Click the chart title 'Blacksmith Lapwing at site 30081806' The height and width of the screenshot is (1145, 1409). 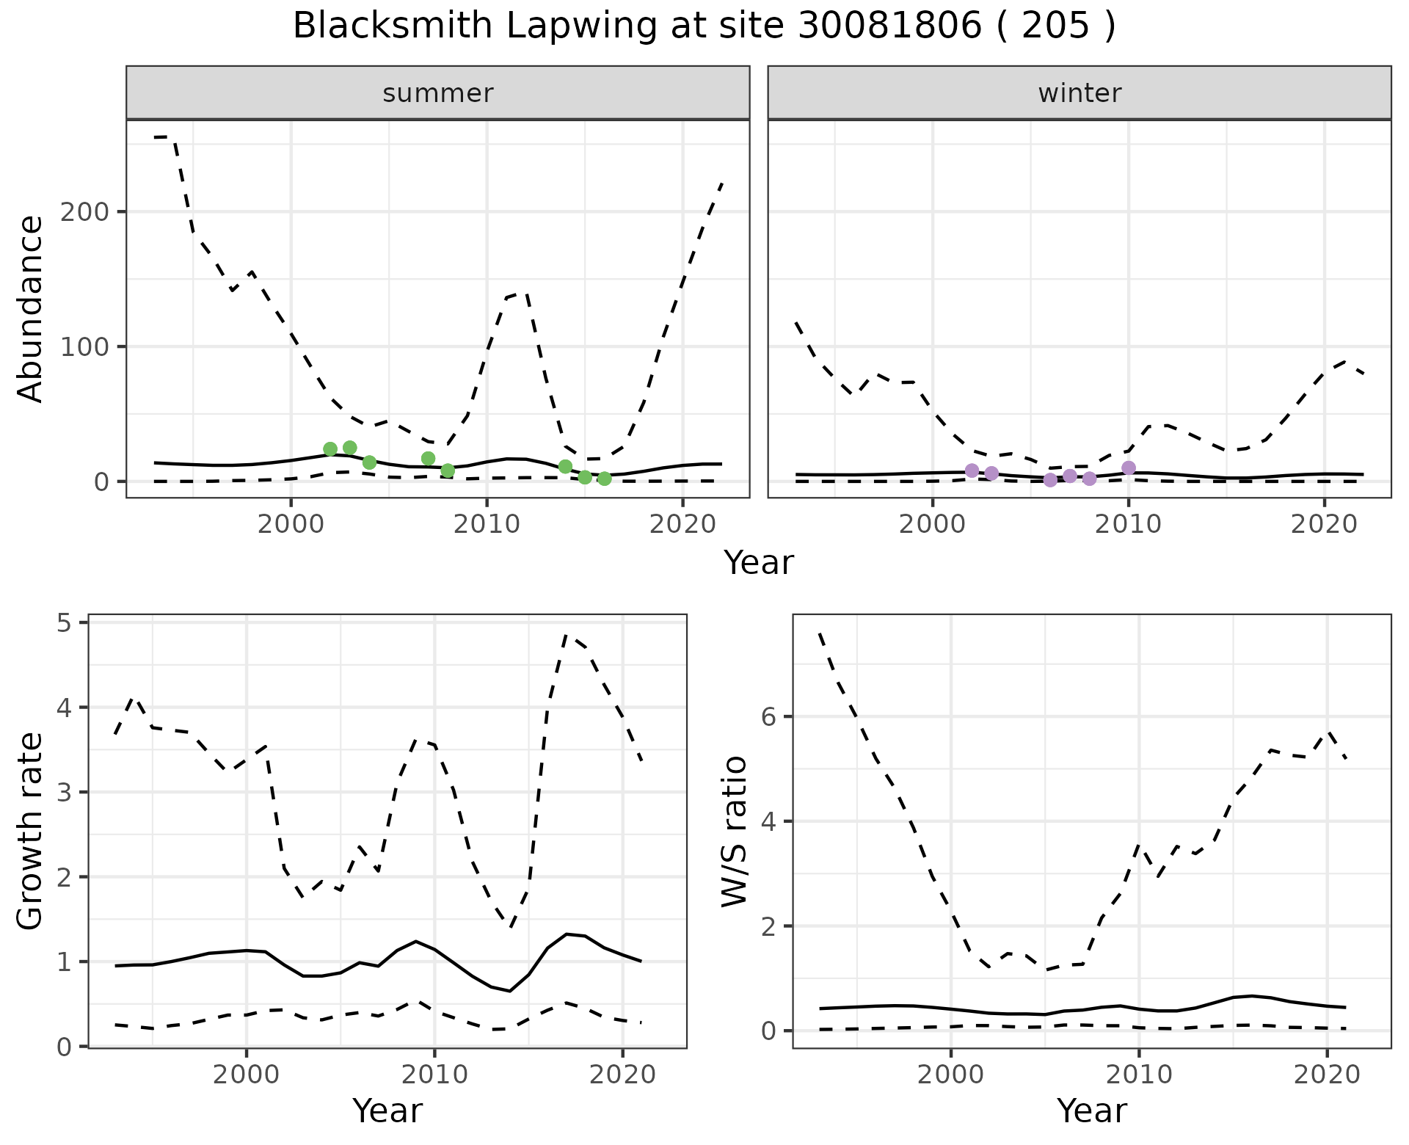tap(704, 26)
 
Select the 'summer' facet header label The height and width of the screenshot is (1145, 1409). tap(438, 93)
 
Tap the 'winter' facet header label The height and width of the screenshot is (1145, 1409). tap(1079, 93)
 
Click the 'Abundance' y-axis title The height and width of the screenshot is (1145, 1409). tap(31, 309)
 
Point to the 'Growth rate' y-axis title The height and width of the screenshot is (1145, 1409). tap(31, 832)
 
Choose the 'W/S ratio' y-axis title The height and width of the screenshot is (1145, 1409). tap(735, 832)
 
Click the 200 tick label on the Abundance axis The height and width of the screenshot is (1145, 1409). tap(84, 212)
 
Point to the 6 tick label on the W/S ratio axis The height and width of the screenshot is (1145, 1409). tap(768, 717)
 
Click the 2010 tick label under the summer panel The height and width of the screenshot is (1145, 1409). tap(487, 525)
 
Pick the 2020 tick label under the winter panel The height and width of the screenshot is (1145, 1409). tap(1325, 525)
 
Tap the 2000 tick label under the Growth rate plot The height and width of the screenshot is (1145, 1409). tap(247, 1075)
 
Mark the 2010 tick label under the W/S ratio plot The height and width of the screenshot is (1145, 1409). tap(1139, 1075)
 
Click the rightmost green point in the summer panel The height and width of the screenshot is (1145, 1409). tap(605, 479)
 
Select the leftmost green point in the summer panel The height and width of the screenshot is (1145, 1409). tap(330, 449)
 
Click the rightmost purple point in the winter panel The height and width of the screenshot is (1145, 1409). tap(1129, 468)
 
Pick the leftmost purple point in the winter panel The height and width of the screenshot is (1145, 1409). tap(972, 470)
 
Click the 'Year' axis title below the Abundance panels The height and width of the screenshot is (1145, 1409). tap(759, 563)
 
